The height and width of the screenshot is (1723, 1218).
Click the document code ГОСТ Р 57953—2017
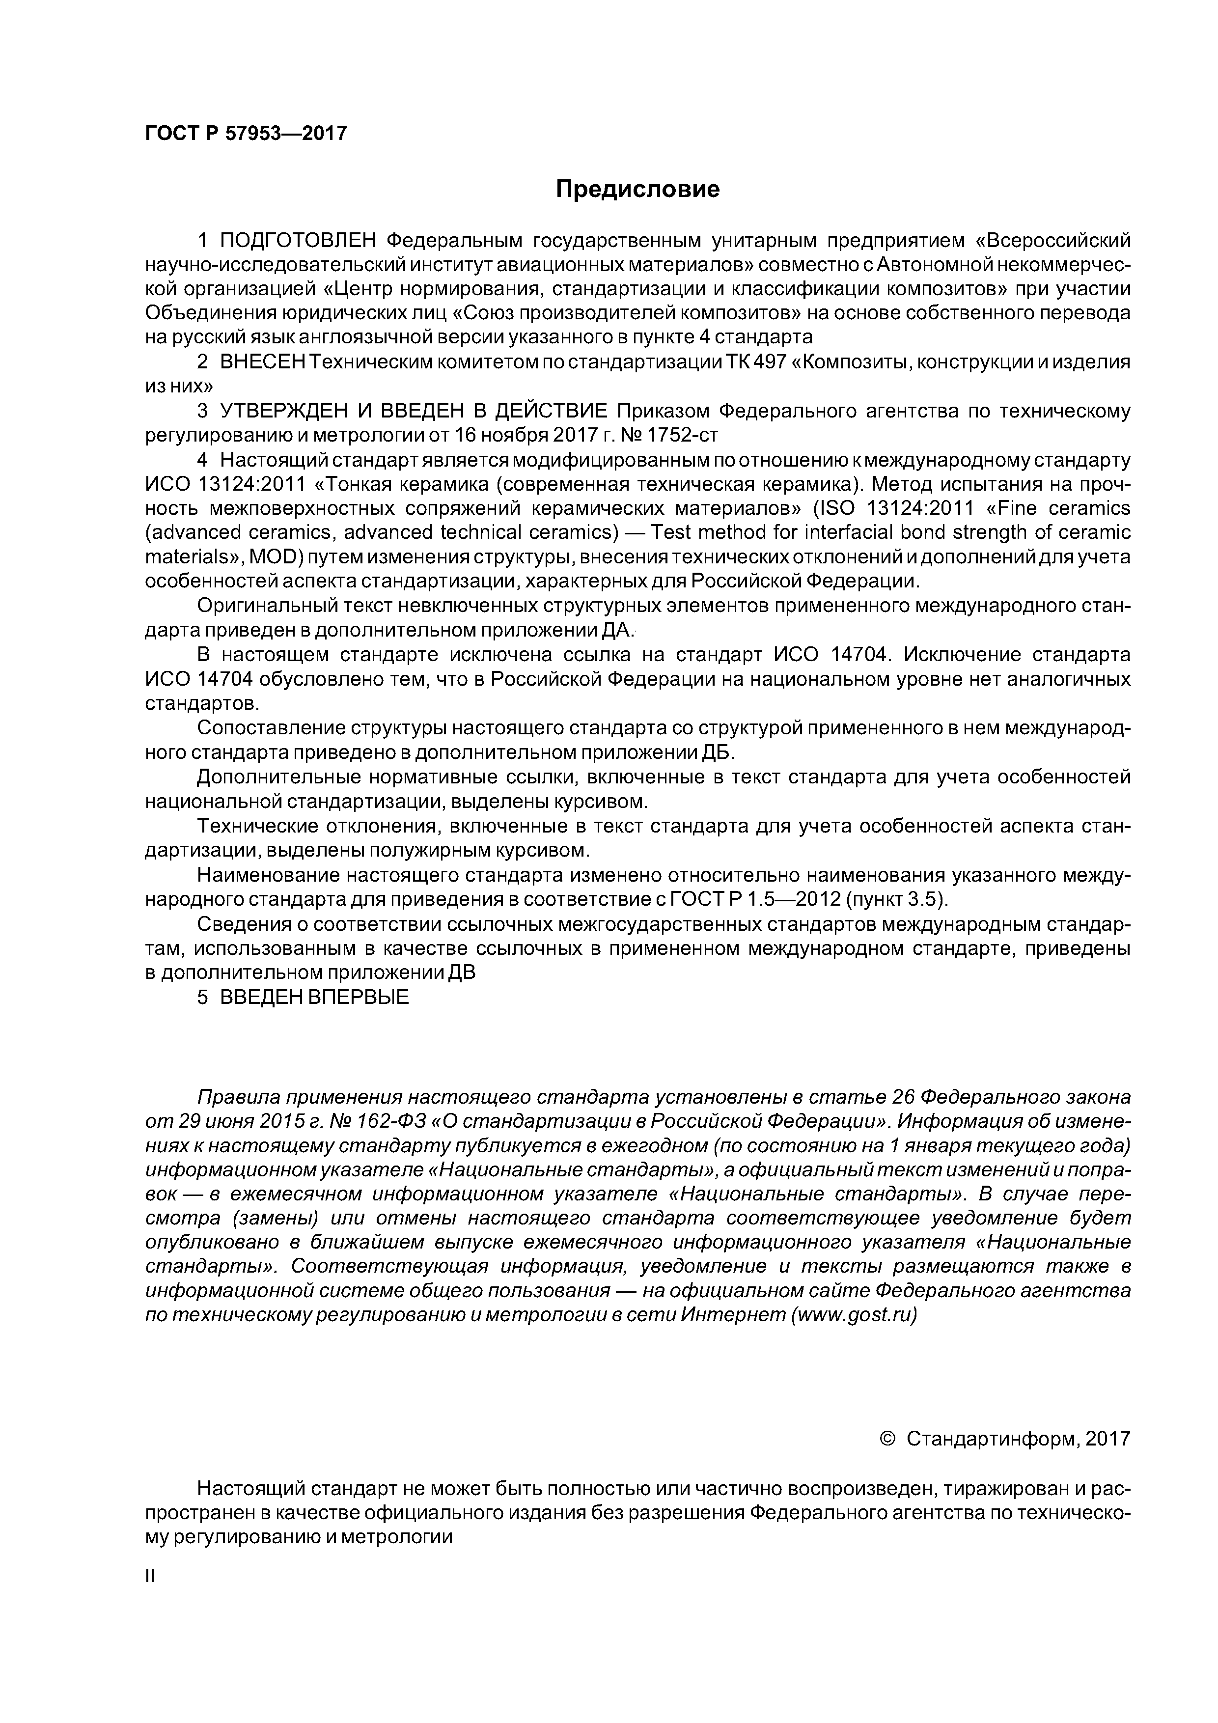pyautogui.click(x=246, y=134)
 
